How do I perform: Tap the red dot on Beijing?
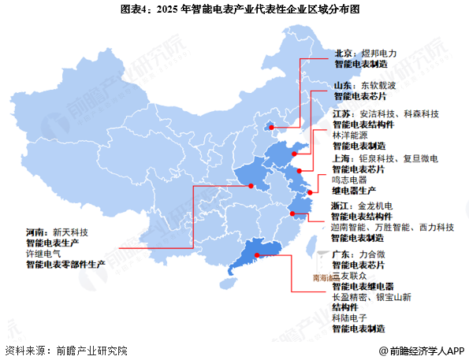tap(273, 124)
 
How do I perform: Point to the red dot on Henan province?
tap(251, 186)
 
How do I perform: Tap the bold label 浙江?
tap(341, 205)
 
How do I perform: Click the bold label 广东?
tap(341, 254)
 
